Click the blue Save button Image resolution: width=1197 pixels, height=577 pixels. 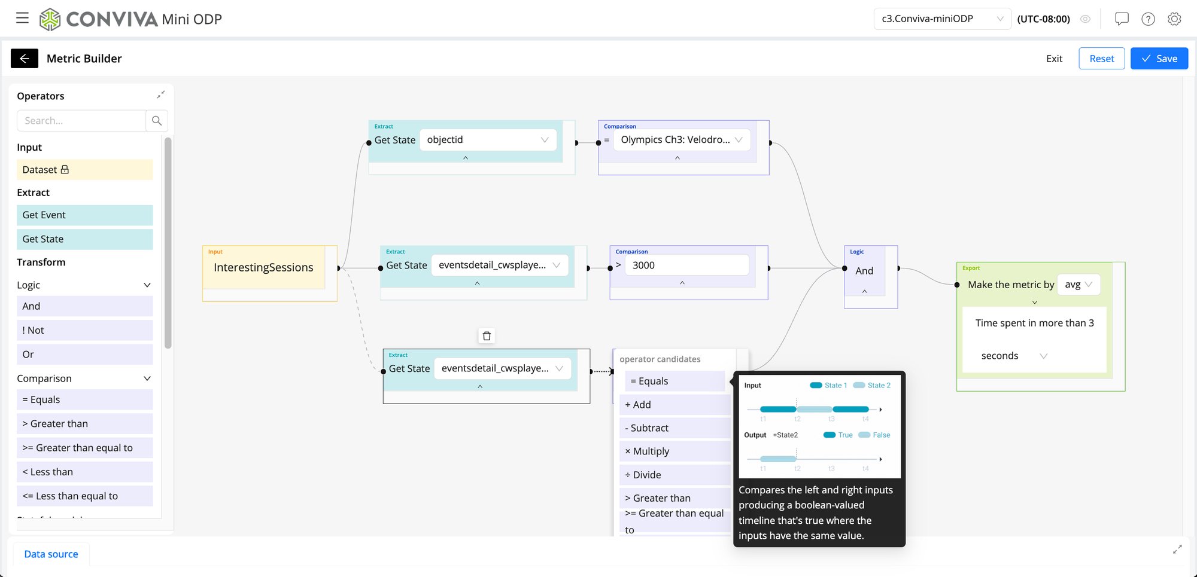(1159, 59)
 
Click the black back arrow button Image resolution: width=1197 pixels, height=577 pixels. (25, 59)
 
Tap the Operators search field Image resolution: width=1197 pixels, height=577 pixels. (81, 121)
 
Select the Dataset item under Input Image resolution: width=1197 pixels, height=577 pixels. (84, 170)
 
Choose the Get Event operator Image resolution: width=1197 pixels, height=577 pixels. (84, 215)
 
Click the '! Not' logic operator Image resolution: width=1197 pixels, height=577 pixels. (84, 330)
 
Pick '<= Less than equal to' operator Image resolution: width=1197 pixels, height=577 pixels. (84, 496)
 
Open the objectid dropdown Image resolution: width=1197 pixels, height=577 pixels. (488, 140)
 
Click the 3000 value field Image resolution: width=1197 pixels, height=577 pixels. (686, 265)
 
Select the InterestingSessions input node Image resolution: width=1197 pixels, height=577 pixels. (263, 268)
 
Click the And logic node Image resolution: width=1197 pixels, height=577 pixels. (864, 271)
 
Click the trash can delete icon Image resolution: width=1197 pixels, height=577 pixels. (487, 336)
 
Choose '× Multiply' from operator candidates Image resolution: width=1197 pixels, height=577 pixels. (675, 451)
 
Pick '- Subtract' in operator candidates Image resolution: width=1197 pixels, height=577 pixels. (675, 428)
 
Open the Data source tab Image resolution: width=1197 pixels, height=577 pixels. (51, 554)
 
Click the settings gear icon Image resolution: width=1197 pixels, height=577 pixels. (1174, 19)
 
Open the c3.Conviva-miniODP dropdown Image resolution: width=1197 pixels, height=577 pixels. (941, 19)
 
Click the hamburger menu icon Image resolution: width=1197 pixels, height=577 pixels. (22, 19)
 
